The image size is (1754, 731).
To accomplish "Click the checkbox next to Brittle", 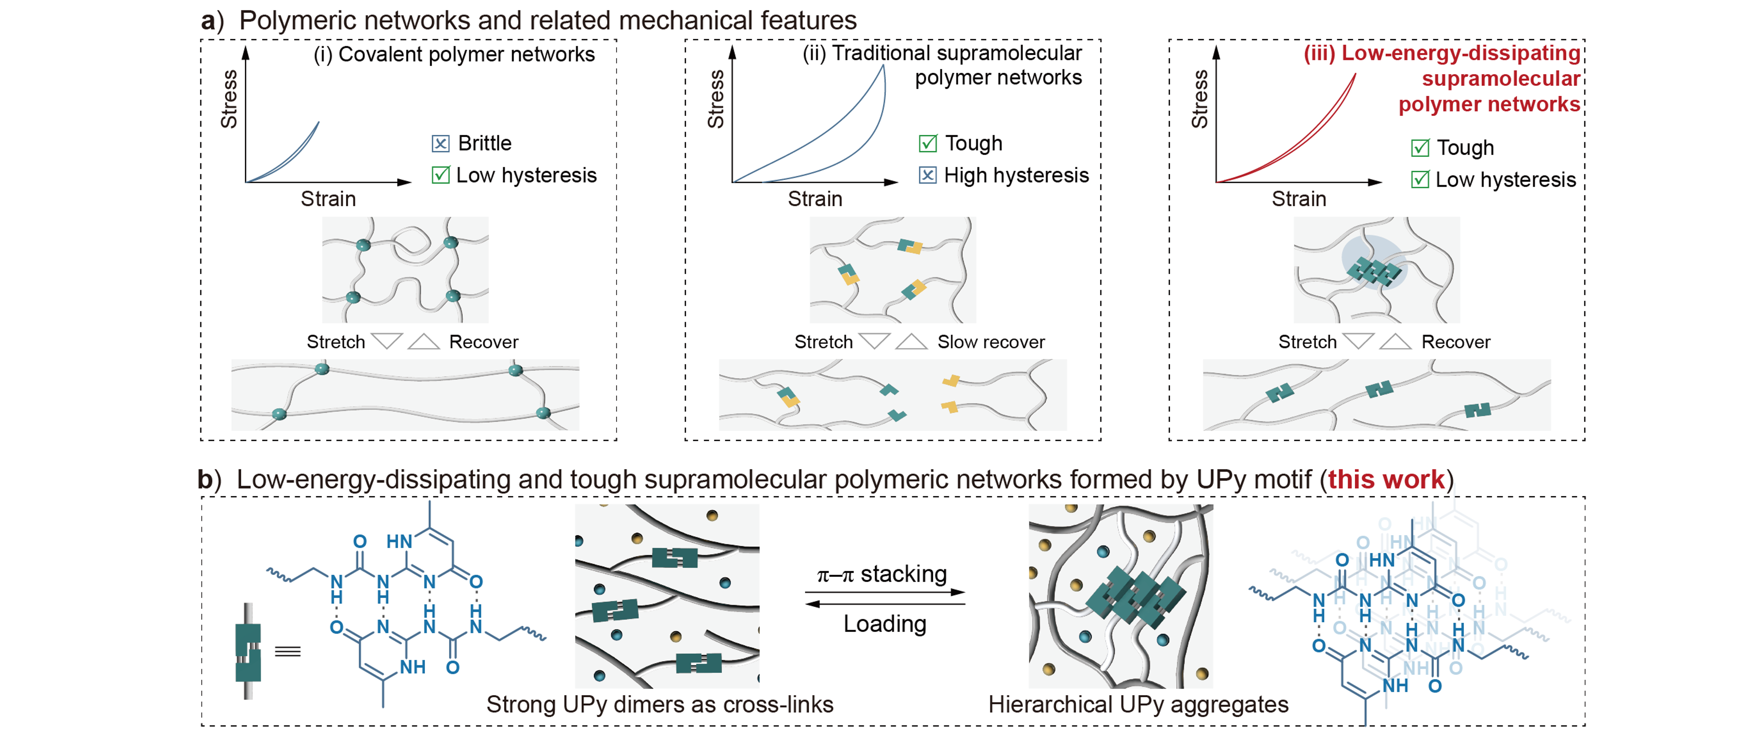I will click(440, 144).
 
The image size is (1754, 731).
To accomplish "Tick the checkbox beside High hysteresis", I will click(927, 176).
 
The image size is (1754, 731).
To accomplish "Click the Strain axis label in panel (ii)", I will click(815, 199).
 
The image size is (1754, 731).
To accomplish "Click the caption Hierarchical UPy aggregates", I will click(1138, 705).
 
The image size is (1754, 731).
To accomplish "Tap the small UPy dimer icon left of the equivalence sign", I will click(248, 651).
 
